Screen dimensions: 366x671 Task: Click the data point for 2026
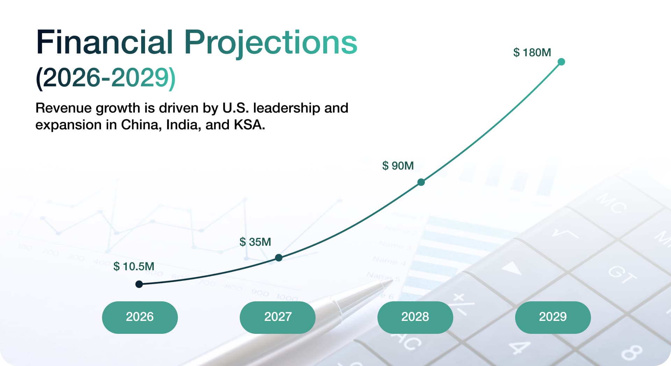click(x=139, y=284)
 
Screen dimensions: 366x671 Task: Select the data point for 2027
click(x=279, y=258)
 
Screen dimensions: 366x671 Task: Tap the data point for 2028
click(x=421, y=182)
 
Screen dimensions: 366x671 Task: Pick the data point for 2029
click(x=561, y=62)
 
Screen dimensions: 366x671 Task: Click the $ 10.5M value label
click(x=134, y=266)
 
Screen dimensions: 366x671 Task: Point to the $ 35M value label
click(x=255, y=242)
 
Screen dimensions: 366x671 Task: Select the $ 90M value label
click(x=398, y=166)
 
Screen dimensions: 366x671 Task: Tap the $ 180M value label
click(x=532, y=52)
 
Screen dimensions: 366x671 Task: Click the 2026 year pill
click(x=140, y=317)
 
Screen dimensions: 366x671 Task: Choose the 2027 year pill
click(x=277, y=317)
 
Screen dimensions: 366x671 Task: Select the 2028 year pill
click(x=415, y=317)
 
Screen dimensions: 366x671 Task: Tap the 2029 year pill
click(x=553, y=317)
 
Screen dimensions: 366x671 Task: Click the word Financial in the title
click(x=104, y=42)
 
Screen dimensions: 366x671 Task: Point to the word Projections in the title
click(x=270, y=43)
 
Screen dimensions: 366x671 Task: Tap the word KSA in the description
click(x=249, y=125)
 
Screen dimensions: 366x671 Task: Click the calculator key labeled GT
click(x=622, y=274)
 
